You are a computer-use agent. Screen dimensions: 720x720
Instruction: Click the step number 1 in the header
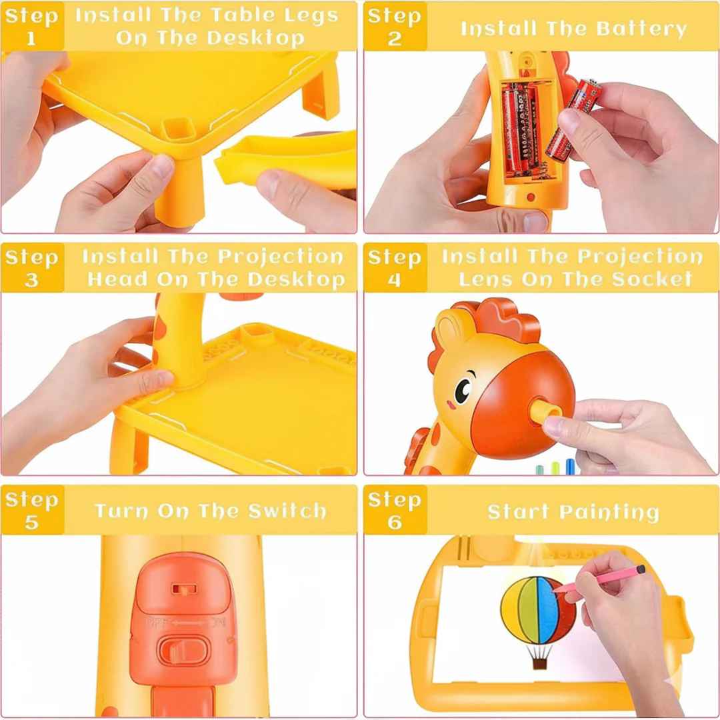(x=31, y=39)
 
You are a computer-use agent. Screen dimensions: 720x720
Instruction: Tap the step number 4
(x=395, y=279)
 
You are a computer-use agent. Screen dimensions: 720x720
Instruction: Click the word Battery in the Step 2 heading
(x=641, y=29)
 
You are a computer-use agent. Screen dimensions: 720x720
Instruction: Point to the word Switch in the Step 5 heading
(x=287, y=511)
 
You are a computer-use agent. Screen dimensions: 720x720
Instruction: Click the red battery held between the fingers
(x=573, y=120)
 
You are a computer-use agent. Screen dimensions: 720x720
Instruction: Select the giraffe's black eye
(x=463, y=389)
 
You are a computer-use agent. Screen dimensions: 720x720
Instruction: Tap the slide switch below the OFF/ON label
(x=184, y=650)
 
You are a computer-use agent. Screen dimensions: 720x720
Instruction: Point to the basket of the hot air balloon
(x=539, y=663)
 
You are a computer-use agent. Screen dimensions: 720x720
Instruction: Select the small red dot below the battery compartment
(x=531, y=197)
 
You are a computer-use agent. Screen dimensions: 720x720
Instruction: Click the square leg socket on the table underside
(x=178, y=128)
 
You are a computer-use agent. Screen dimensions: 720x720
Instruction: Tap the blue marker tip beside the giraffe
(x=570, y=466)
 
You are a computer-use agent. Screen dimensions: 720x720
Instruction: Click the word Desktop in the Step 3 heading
(x=297, y=279)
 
